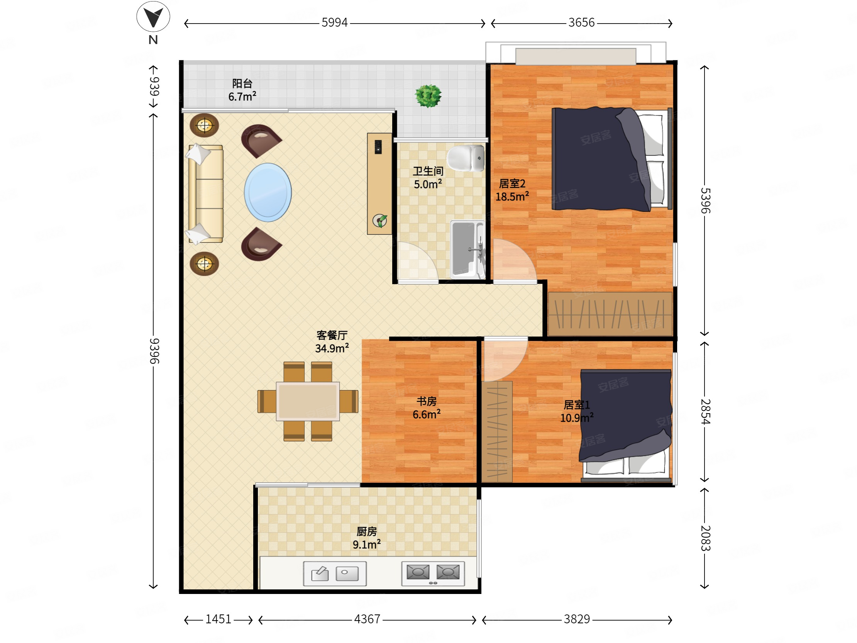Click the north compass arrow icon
click(x=153, y=17)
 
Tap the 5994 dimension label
click(x=334, y=22)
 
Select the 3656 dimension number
click(x=581, y=22)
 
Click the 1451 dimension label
click(x=218, y=619)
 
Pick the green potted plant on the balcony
click(x=428, y=96)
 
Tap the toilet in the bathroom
click(x=466, y=158)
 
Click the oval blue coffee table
click(x=268, y=192)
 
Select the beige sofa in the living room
click(x=205, y=194)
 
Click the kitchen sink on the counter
click(x=335, y=573)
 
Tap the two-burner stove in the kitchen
click(x=433, y=573)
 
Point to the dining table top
click(x=308, y=401)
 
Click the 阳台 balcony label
click(x=242, y=83)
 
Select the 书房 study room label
click(x=427, y=401)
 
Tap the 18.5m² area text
click(x=512, y=196)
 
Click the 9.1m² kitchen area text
click(x=366, y=544)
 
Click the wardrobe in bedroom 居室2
click(x=610, y=314)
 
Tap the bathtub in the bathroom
click(x=467, y=249)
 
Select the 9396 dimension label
click(x=154, y=351)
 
